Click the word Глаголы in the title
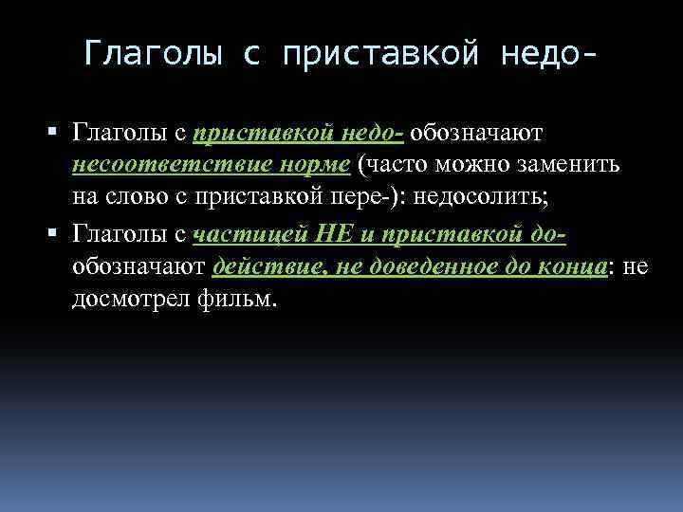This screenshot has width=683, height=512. coord(150,53)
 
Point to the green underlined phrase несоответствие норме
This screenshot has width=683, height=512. coord(211,166)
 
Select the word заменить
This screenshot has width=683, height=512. coord(580,166)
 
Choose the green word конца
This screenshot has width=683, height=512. coord(572,267)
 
